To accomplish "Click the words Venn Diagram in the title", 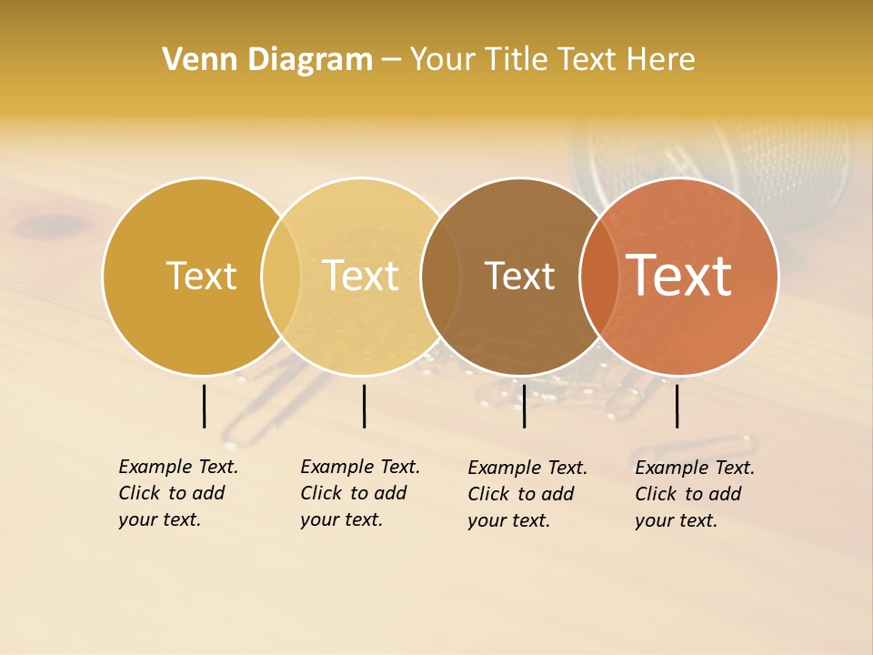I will [x=267, y=59].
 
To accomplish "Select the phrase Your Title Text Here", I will [x=552, y=59].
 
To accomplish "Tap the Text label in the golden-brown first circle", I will [x=201, y=276].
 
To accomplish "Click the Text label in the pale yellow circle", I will [x=361, y=276].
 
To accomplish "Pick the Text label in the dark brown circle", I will [x=519, y=276].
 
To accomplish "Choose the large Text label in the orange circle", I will [x=679, y=275].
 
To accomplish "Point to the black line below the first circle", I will [x=204, y=406].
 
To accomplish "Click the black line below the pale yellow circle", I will [x=364, y=406].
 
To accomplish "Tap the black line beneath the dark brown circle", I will [x=524, y=406].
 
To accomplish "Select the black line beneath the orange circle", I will [x=677, y=406].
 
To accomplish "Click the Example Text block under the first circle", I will [x=178, y=493].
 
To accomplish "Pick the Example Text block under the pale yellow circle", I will [x=360, y=493].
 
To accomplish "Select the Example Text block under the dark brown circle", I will [x=527, y=494].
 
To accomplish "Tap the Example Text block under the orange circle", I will [x=695, y=494].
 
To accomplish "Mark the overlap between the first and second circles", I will [x=281, y=276].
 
